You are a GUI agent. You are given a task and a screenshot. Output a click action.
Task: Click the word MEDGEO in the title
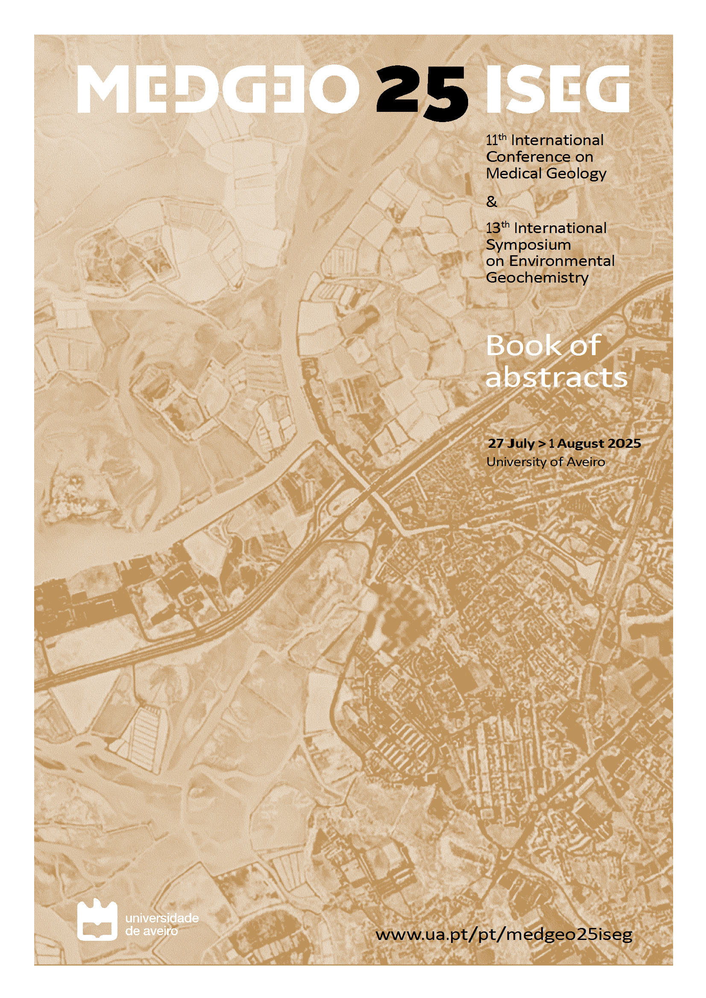tap(217, 89)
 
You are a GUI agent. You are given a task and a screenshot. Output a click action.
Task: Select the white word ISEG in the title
tap(557, 89)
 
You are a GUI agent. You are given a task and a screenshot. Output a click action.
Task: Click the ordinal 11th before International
tap(496, 140)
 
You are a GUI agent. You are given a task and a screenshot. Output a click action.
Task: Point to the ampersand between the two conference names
tap(491, 201)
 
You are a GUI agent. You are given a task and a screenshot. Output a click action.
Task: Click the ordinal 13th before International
tap(497, 228)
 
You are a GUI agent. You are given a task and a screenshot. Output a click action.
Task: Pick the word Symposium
tap(528, 245)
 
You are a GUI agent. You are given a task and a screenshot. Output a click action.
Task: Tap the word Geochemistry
tap(537, 277)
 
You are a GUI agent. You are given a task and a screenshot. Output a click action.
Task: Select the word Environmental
tap(562, 261)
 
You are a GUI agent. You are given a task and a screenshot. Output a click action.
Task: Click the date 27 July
tap(511, 444)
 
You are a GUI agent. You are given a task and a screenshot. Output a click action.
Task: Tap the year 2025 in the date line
tap(624, 444)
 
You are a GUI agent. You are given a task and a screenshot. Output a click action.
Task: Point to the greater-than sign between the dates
tap(542, 444)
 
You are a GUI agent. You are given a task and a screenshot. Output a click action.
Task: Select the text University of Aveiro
tap(545, 461)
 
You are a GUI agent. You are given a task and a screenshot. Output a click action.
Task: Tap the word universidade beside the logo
tap(162, 918)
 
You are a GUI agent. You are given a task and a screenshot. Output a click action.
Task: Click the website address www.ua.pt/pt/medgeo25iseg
tap(504, 934)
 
